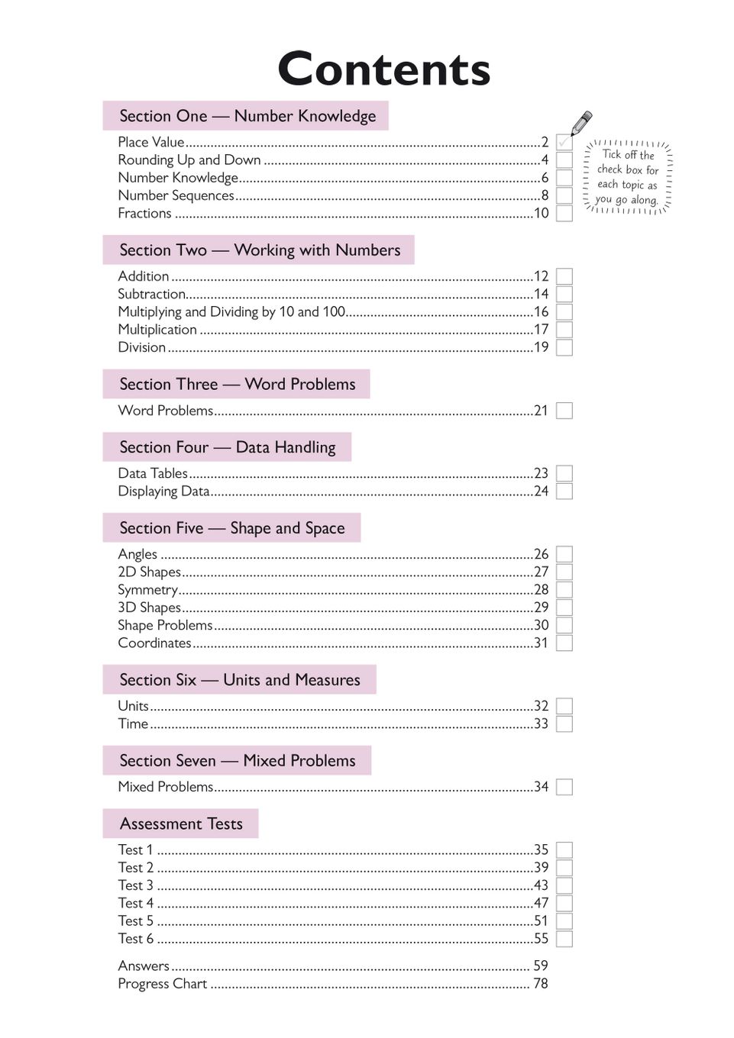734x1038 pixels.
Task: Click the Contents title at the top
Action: [383, 69]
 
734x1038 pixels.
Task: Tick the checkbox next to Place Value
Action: [564, 142]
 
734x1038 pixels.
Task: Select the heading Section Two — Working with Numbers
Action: [259, 250]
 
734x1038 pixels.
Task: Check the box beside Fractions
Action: [564, 214]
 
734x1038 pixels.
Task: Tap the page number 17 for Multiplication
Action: [541, 330]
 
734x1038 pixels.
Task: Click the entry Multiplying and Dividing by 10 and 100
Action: [231, 311]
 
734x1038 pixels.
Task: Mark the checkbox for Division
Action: [564, 347]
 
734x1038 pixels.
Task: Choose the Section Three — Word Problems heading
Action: [237, 384]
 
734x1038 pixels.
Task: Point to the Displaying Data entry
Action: [163, 492]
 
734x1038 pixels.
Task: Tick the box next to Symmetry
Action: [564, 590]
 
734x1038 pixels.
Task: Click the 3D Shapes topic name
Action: [150, 608]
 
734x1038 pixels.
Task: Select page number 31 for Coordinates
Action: [541, 643]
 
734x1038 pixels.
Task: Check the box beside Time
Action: [564, 724]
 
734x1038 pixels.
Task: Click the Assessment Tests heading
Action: [181, 824]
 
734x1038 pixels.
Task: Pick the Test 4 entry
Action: [136, 903]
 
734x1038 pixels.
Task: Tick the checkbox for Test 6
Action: [564, 939]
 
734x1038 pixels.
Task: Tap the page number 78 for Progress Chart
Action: [541, 984]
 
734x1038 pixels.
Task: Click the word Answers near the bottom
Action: [144, 966]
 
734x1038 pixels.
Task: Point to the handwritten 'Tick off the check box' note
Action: [627, 177]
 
